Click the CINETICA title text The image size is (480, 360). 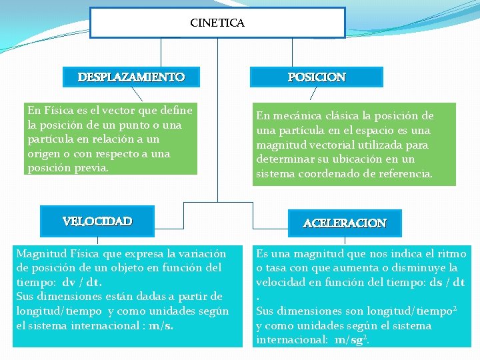point(217,23)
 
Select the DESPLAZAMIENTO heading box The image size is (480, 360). point(131,77)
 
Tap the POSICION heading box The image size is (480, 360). point(317,77)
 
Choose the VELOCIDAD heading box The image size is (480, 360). point(97,221)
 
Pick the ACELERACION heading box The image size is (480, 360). point(345,223)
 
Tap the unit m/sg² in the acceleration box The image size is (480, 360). point(351,339)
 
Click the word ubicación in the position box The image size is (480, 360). point(371,159)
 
